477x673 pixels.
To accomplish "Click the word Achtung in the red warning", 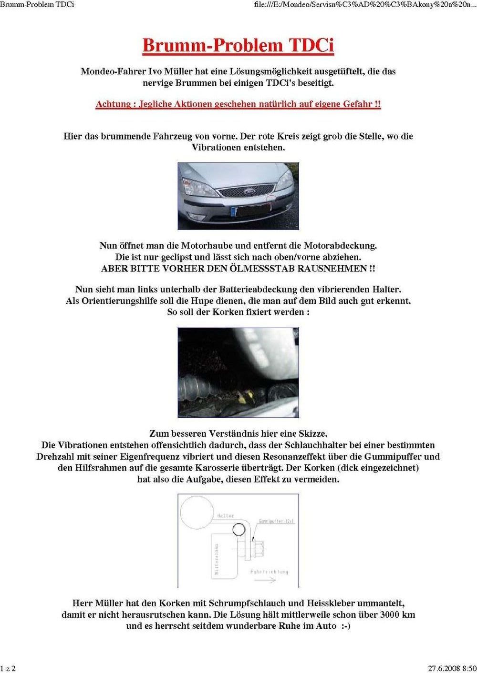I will [x=113, y=104].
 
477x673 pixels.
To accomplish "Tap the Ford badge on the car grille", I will [x=249, y=191].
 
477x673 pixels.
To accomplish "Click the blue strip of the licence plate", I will [x=233, y=211].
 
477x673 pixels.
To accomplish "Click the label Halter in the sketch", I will [x=226, y=516].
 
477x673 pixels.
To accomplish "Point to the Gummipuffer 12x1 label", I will [x=277, y=522].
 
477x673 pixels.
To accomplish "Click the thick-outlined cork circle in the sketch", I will [x=238, y=529].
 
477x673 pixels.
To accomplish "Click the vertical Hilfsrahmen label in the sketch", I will [x=217, y=559].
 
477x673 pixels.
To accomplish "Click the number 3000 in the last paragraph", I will [x=389, y=615].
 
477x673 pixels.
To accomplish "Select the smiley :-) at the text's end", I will [x=346, y=626].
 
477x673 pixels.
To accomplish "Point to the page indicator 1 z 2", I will [x=8, y=668].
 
